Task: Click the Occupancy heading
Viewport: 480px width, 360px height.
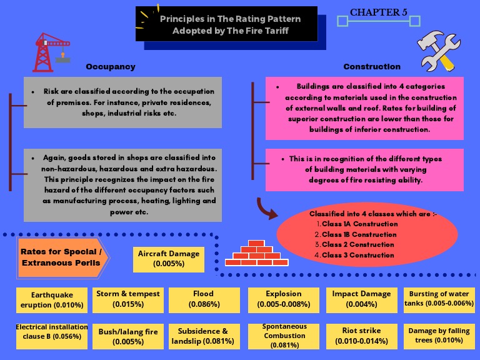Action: tap(110, 67)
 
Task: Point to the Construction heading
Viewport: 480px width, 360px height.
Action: tap(372, 67)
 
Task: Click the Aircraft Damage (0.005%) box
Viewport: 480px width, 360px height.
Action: tap(169, 259)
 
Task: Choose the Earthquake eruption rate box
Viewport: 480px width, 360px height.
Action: tap(52, 299)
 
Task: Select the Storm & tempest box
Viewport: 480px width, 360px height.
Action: tap(128, 299)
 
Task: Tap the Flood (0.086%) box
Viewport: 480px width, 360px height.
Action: tap(203, 299)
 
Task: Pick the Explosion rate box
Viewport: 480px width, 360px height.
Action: tap(283, 299)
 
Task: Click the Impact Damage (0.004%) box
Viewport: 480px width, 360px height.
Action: tap(361, 299)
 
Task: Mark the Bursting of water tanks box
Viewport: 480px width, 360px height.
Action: tap(439, 299)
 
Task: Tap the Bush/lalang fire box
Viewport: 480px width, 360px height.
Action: tap(128, 336)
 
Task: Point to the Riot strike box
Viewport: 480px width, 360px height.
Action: tap(361, 336)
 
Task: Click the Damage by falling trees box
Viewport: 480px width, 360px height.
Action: tap(439, 336)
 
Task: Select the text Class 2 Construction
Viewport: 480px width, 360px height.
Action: tap(357, 244)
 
